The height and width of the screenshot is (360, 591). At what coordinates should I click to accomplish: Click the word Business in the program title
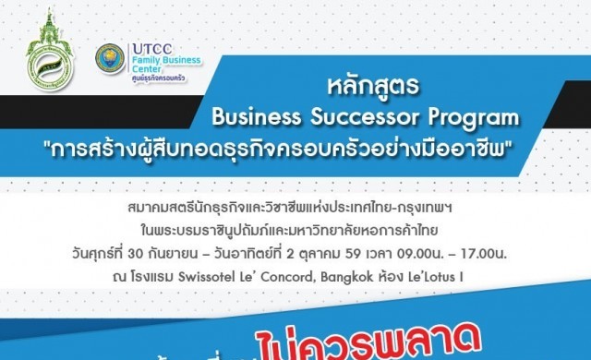point(252,118)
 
